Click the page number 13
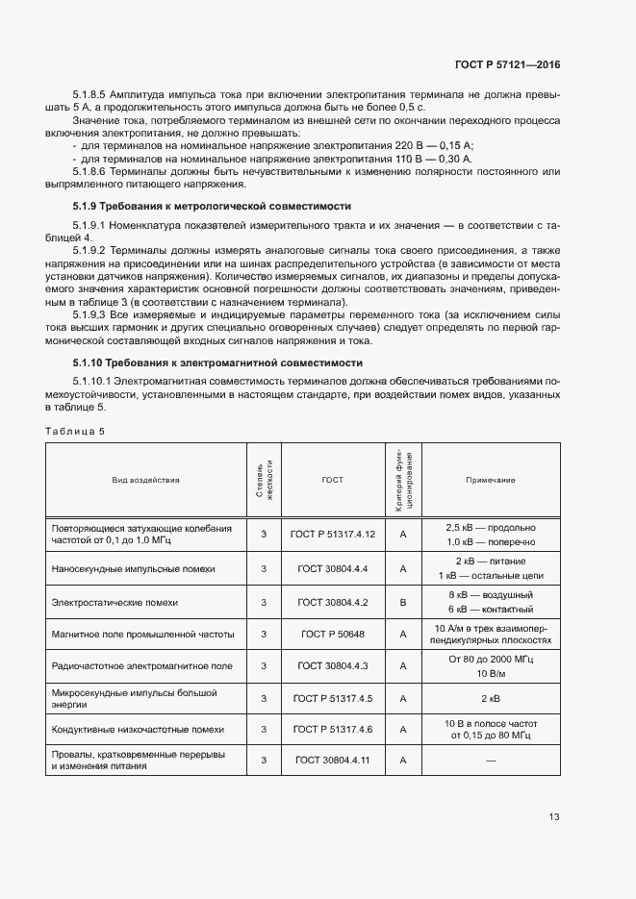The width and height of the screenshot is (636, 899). (554, 817)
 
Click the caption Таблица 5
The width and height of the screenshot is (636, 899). (76, 431)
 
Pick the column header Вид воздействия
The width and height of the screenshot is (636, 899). (145, 479)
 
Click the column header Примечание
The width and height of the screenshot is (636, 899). (491, 479)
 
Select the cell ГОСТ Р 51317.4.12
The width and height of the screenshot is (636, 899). (332, 534)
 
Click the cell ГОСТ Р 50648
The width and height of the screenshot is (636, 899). (332, 634)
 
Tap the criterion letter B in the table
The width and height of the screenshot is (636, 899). (404, 602)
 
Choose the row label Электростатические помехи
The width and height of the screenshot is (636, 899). (114, 602)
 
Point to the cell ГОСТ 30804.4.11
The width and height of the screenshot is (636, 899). (332, 760)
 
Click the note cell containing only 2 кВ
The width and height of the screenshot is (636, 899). (491, 698)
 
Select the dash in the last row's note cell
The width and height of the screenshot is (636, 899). (491, 761)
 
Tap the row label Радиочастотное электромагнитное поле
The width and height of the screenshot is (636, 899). (141, 665)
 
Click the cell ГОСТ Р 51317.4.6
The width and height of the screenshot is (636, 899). (332, 729)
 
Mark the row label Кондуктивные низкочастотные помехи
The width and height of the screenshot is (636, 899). (138, 729)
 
